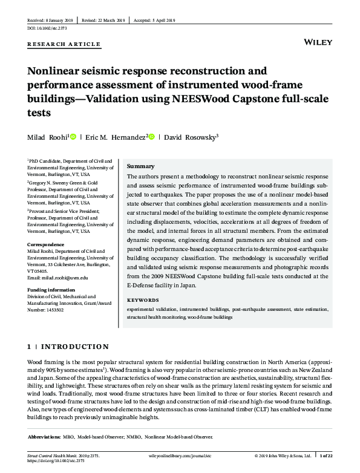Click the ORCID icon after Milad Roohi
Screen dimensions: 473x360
[x=74, y=137]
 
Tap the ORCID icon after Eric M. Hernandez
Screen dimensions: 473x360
[x=152, y=137]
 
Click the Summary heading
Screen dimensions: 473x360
[x=141, y=166]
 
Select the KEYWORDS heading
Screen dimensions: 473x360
[x=143, y=299]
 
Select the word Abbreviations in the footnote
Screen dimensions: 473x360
[x=44, y=436]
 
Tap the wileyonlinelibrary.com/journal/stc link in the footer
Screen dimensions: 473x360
[x=180, y=455]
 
